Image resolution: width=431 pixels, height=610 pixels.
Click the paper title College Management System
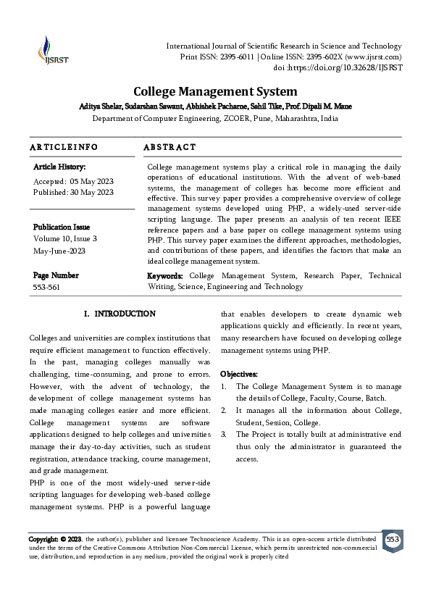click(215, 92)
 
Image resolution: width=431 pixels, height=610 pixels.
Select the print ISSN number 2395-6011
click(217, 57)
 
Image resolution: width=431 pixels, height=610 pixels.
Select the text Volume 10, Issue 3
click(65, 238)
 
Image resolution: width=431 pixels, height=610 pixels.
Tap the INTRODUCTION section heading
click(125, 314)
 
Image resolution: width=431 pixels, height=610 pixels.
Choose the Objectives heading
click(238, 374)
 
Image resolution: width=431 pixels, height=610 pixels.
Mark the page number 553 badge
click(393, 540)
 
